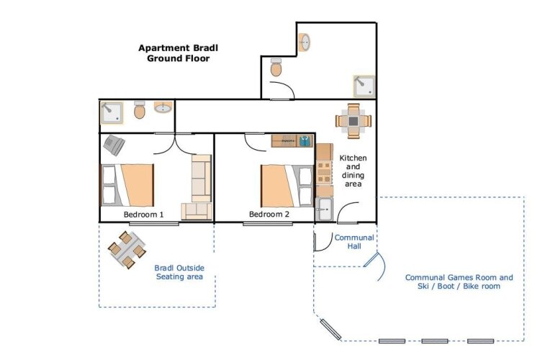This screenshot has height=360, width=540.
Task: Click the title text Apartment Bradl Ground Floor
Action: pyautogui.click(x=178, y=53)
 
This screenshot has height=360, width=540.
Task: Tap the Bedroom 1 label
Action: pyautogui.click(x=143, y=215)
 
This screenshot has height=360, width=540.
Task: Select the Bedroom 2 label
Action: pyautogui.click(x=269, y=215)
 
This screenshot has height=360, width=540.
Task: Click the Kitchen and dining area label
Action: pyautogui.click(x=353, y=171)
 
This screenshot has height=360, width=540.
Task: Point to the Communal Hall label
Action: pyautogui.click(x=354, y=242)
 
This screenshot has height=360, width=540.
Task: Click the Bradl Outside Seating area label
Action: pyautogui.click(x=179, y=272)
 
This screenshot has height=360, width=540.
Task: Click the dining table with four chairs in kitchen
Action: pyautogui.click(x=354, y=121)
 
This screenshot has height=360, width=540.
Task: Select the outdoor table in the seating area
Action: pyautogui.click(x=127, y=250)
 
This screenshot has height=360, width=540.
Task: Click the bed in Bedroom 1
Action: pyautogui.click(x=127, y=185)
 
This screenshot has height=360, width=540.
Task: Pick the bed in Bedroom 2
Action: pyautogui.click(x=287, y=185)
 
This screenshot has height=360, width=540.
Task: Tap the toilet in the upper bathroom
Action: pyautogui.click(x=276, y=68)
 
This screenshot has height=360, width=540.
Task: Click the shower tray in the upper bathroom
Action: pyautogui.click(x=364, y=86)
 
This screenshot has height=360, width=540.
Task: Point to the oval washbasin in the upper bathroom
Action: pyautogui.click(x=305, y=42)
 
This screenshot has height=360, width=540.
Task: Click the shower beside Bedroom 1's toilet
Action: pyautogui.click(x=111, y=112)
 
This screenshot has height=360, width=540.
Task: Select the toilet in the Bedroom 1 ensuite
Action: pyautogui.click(x=140, y=110)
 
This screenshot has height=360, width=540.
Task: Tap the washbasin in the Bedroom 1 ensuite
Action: pyautogui.click(x=163, y=108)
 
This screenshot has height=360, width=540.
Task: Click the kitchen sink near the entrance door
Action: pyautogui.click(x=324, y=209)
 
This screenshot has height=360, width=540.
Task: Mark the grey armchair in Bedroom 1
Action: pyautogui.click(x=114, y=145)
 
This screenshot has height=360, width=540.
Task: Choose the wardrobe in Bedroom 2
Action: pyautogui.click(x=292, y=141)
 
